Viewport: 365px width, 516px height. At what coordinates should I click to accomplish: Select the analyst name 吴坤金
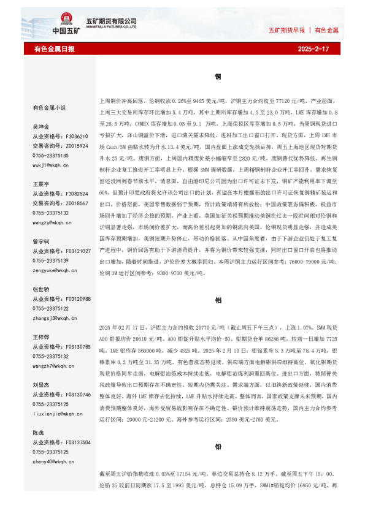point(41,126)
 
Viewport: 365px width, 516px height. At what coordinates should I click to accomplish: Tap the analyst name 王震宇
point(41,184)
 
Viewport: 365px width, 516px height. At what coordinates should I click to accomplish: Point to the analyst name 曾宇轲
point(41,241)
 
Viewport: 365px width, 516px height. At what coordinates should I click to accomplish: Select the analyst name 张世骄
point(41,289)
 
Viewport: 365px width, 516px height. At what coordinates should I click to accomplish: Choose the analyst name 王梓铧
point(41,337)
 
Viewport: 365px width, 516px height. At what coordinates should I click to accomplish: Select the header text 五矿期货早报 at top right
point(286,29)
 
